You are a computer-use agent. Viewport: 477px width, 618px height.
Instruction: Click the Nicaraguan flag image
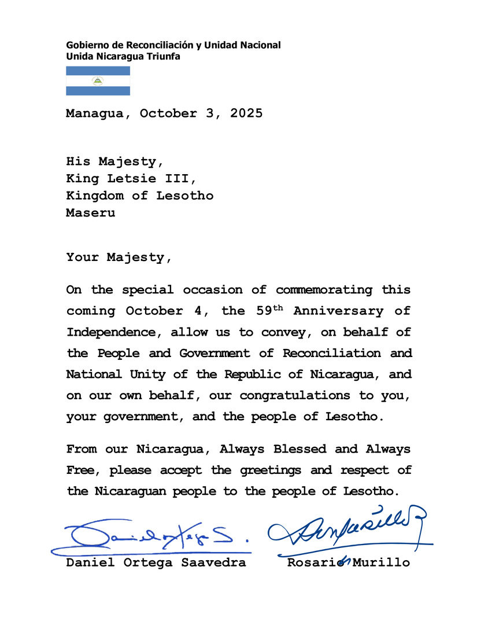click(x=98, y=80)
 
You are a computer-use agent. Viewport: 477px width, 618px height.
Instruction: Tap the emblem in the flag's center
click(x=98, y=81)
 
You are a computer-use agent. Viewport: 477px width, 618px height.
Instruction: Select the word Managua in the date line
click(x=94, y=113)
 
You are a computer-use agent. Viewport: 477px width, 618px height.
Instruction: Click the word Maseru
click(x=90, y=212)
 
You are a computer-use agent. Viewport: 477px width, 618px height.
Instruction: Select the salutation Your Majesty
click(x=119, y=257)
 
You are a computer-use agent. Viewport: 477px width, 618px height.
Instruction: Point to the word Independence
click(x=110, y=332)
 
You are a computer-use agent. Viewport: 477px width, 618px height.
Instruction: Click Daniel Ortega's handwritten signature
click(x=150, y=536)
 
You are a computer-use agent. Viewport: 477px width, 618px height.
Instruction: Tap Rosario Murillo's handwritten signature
click(x=347, y=527)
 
